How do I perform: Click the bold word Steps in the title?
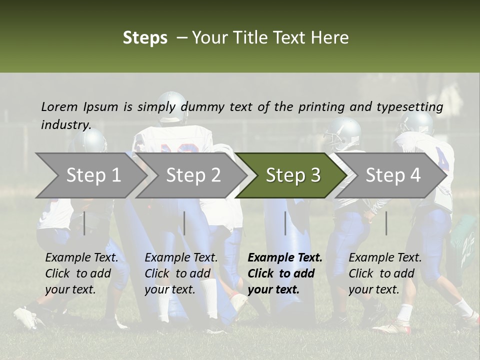pyautogui.click(x=145, y=38)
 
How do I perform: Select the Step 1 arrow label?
pyautogui.click(x=93, y=175)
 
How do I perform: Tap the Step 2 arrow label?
pyautogui.click(x=193, y=175)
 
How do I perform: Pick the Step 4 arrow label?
pyautogui.click(x=393, y=175)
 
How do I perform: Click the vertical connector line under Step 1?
pyautogui.click(x=84, y=223)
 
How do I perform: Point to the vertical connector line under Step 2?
pyautogui.click(x=184, y=223)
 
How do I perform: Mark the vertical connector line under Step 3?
pyautogui.click(x=285, y=223)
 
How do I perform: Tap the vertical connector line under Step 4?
pyautogui.click(x=386, y=223)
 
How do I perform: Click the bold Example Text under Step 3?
pyautogui.click(x=285, y=258)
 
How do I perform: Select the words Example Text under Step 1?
pyautogui.click(x=81, y=258)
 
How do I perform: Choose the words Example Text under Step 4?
pyautogui.click(x=385, y=258)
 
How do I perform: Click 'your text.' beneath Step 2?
pyautogui.click(x=170, y=289)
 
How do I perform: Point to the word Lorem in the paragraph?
pyautogui.click(x=59, y=107)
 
